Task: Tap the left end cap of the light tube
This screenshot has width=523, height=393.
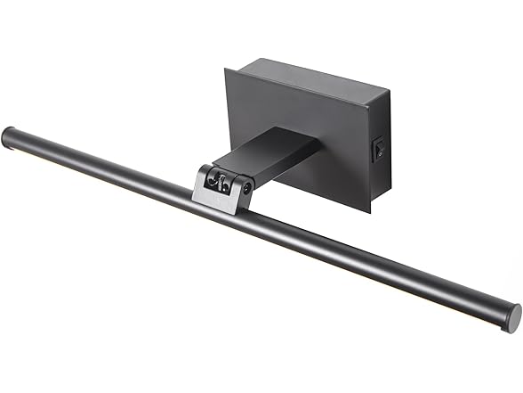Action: (x=11, y=139)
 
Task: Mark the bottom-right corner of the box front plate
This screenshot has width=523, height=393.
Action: (x=366, y=212)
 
